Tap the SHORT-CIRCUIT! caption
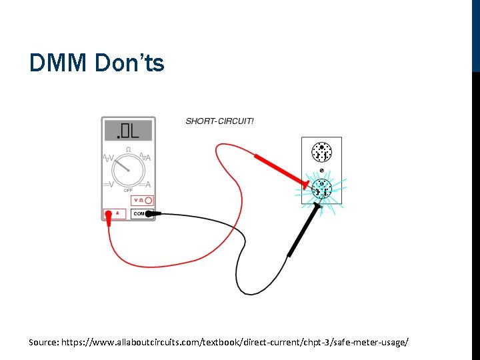pos(219,121)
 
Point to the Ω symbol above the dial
pos(128,149)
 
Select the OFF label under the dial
pos(128,190)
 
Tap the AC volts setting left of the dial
pos(109,159)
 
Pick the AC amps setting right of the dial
pos(145,159)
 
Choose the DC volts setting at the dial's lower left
pos(107,184)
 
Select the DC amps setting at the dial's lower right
pos(146,184)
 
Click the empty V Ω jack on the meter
pos(149,200)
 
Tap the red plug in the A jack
pos(108,215)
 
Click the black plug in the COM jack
pos(149,214)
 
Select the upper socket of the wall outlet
pos(322,153)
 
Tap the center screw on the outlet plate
pos(322,171)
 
